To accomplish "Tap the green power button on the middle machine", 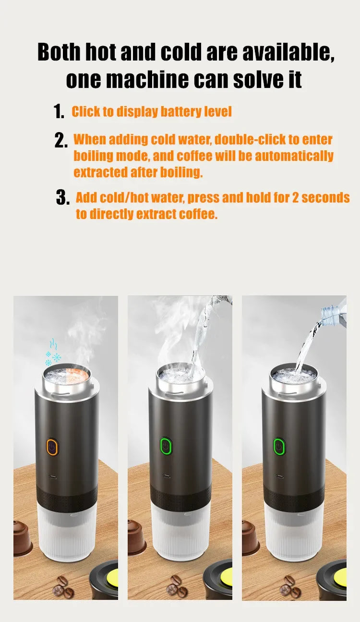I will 166,446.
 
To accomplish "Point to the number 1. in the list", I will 59,112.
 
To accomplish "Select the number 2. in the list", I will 61,141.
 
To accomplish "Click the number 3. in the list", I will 63,198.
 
